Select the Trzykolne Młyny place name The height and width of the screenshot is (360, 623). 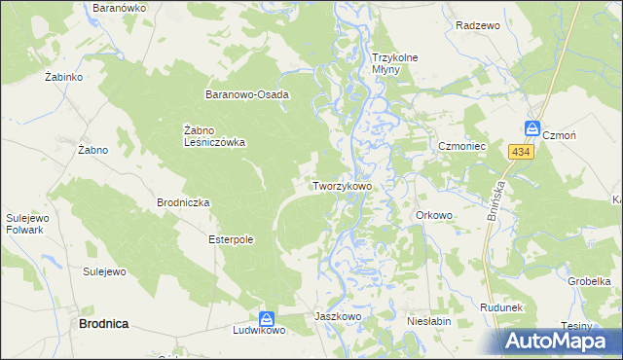coord(394,64)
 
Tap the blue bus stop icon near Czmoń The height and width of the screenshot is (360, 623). coord(532,128)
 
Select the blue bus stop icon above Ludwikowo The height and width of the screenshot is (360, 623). coord(266,318)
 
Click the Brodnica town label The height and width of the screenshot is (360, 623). coord(104,323)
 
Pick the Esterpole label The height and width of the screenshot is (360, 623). coord(231,239)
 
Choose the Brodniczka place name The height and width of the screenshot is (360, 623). coord(183,203)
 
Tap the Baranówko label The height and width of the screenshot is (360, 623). coord(119,8)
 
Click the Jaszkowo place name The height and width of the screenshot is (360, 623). coord(338,317)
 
